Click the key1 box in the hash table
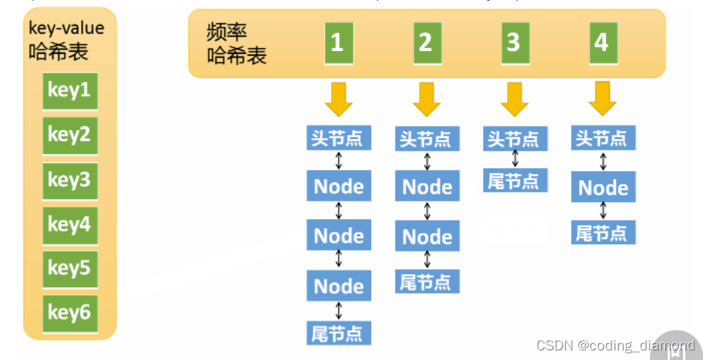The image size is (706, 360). point(69,91)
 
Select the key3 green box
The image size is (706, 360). point(69,180)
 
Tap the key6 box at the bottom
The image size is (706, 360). point(69,313)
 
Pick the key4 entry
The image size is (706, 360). point(69,224)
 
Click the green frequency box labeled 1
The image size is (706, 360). point(336,42)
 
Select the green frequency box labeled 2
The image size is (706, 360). point(425,42)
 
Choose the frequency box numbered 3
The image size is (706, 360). point(513,42)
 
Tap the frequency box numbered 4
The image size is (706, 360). point(601,42)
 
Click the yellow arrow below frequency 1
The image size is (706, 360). point(338,99)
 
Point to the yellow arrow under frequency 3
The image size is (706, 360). point(514,99)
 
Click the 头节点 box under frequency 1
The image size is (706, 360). point(339,138)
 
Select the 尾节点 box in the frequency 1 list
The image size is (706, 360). point(339,333)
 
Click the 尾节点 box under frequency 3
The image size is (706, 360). point(515,181)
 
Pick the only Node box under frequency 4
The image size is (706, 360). point(603,187)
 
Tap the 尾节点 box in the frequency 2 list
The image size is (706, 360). point(427,282)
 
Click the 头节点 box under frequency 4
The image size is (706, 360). point(603,138)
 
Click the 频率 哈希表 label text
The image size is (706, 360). point(237,44)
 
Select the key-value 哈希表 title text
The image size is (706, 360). point(66,41)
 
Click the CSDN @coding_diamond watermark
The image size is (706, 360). point(615,345)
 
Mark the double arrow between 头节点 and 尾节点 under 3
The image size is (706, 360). point(515,159)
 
